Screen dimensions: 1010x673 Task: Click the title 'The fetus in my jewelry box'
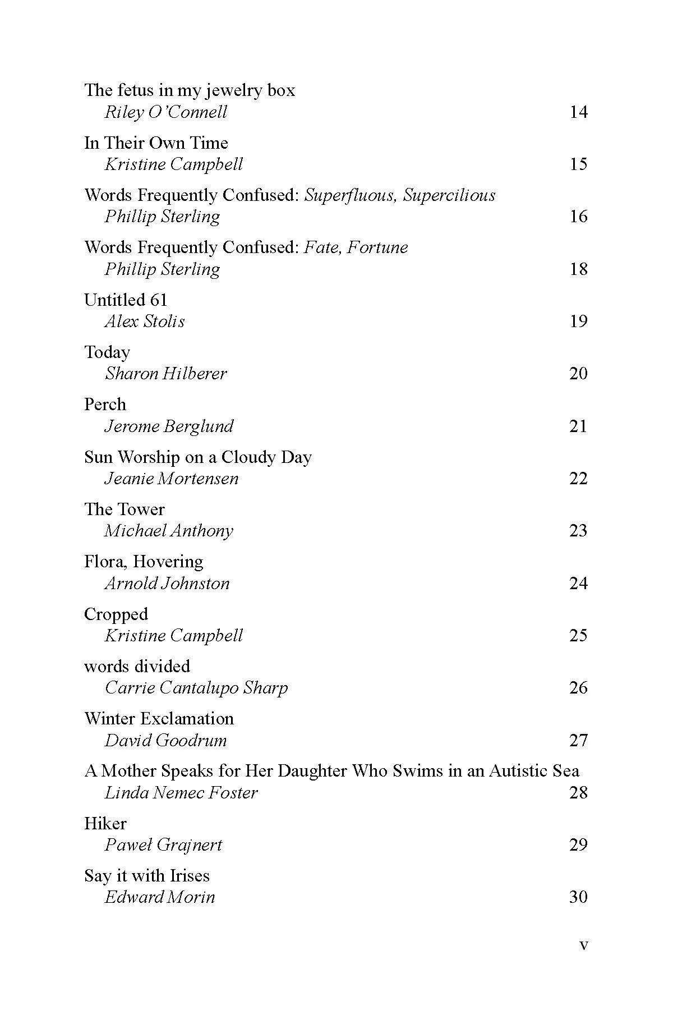point(190,90)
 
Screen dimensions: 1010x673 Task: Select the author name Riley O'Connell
point(166,112)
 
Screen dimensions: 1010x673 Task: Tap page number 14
point(578,112)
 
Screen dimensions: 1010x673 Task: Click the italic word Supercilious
point(449,195)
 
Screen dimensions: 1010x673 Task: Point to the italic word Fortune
point(377,247)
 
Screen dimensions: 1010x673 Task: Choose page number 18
point(578,269)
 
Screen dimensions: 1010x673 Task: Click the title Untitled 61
point(126,300)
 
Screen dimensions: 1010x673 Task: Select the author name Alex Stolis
point(145,322)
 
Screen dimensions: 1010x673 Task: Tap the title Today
point(107,352)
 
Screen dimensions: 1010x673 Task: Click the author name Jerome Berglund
point(169,426)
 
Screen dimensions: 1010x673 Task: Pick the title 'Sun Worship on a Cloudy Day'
point(197,457)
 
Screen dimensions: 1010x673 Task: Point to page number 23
point(578,531)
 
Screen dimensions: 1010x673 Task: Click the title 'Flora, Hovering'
point(144,562)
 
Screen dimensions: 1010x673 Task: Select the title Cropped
point(116,614)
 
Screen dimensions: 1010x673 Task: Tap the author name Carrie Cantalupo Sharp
point(196,688)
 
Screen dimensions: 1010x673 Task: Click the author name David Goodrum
point(166,741)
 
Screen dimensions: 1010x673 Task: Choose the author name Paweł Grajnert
point(163,845)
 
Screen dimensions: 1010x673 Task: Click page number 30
point(578,897)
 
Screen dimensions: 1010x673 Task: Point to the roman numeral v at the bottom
point(584,945)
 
